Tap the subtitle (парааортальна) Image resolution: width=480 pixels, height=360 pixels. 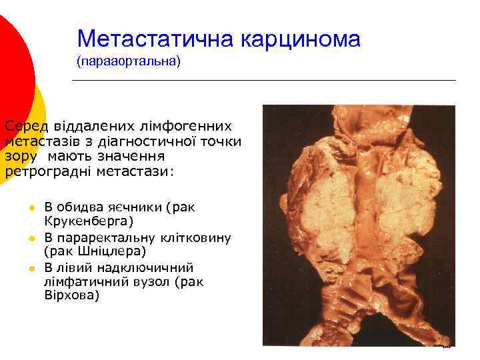point(128,62)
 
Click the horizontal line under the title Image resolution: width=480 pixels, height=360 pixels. point(263,81)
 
